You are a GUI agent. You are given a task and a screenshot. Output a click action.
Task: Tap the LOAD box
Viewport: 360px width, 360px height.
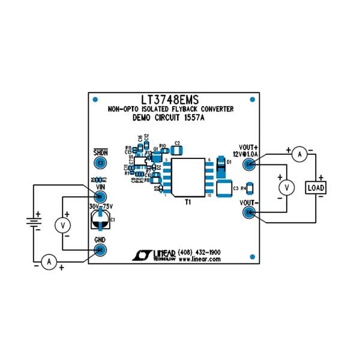coord(316,188)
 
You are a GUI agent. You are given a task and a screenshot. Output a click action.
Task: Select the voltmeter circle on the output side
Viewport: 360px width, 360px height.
coord(287,188)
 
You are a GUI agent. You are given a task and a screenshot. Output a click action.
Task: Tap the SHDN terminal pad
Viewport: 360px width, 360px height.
coord(101,163)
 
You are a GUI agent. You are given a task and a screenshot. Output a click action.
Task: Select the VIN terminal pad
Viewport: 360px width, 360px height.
coord(101,196)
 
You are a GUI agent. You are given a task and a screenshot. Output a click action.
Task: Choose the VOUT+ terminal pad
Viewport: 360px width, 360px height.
coord(247,164)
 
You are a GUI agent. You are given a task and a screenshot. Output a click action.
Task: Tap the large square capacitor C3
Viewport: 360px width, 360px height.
coord(223,188)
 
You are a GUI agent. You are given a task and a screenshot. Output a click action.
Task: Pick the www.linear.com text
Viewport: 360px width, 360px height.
coord(199,260)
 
